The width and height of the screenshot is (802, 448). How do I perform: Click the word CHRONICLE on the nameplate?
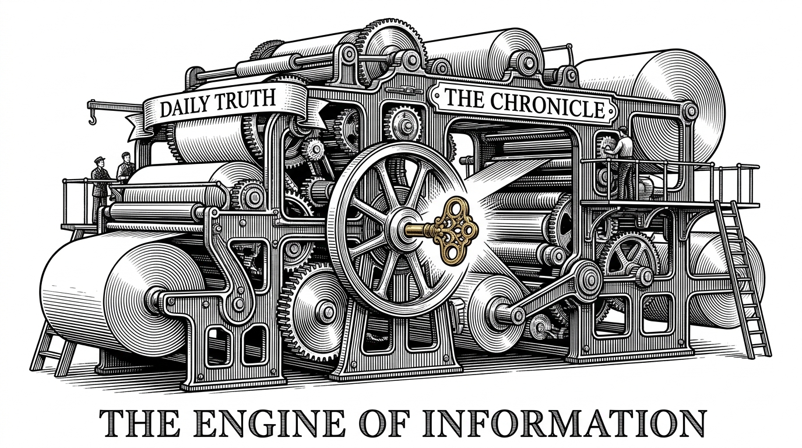click(547, 105)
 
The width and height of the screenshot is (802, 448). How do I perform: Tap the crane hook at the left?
click(92, 118)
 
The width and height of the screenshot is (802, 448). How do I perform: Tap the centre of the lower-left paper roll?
click(153, 297)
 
